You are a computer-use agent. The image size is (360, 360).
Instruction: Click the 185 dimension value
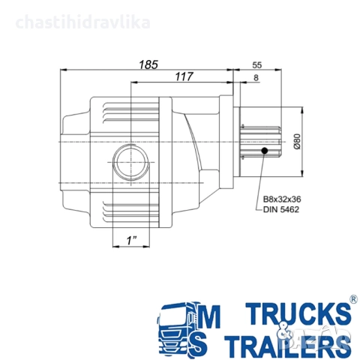click(148, 64)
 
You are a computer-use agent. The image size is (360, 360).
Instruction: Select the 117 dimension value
click(184, 76)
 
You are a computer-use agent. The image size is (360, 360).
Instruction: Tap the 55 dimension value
click(257, 65)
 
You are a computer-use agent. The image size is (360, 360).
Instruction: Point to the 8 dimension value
click(256, 78)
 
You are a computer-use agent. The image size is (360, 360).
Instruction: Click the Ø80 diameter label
click(297, 142)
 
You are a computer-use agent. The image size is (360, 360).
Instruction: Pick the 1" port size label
click(131, 241)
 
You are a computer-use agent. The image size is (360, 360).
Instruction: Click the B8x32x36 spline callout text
click(282, 199)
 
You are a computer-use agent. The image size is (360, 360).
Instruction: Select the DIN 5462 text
click(281, 209)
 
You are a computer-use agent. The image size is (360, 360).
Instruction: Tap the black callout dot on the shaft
click(264, 151)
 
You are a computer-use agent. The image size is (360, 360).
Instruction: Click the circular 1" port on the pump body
click(131, 162)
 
